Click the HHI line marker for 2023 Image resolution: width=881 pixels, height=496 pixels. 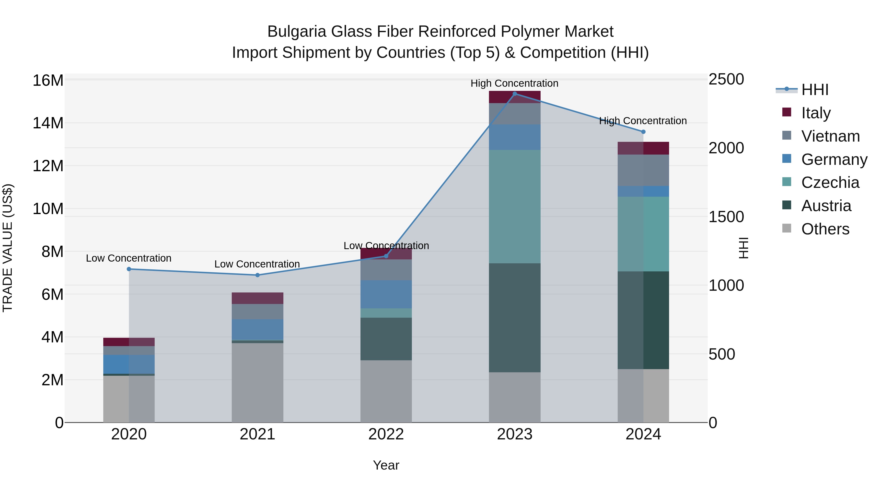click(515, 94)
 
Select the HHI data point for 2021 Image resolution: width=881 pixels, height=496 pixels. click(257, 275)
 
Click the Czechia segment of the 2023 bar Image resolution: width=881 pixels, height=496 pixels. click(515, 206)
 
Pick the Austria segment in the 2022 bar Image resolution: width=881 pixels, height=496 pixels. click(386, 339)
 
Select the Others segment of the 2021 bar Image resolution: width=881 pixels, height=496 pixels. click(257, 383)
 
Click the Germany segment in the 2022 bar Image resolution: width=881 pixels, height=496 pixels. click(386, 294)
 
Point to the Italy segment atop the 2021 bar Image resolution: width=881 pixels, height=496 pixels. click(257, 298)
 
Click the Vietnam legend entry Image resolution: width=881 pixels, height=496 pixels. click(830, 136)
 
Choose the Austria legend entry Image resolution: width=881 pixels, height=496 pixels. click(826, 206)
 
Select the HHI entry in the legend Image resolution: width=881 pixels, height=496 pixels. click(815, 90)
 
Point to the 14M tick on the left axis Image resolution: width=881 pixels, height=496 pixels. click(48, 123)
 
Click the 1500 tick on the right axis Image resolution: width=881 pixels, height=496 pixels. click(726, 217)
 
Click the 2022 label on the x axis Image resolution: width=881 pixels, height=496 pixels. click(386, 434)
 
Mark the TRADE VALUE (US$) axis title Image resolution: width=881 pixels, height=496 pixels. click(8, 248)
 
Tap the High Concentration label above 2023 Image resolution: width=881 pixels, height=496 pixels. click(514, 83)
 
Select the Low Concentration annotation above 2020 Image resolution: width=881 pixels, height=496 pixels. click(128, 258)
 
